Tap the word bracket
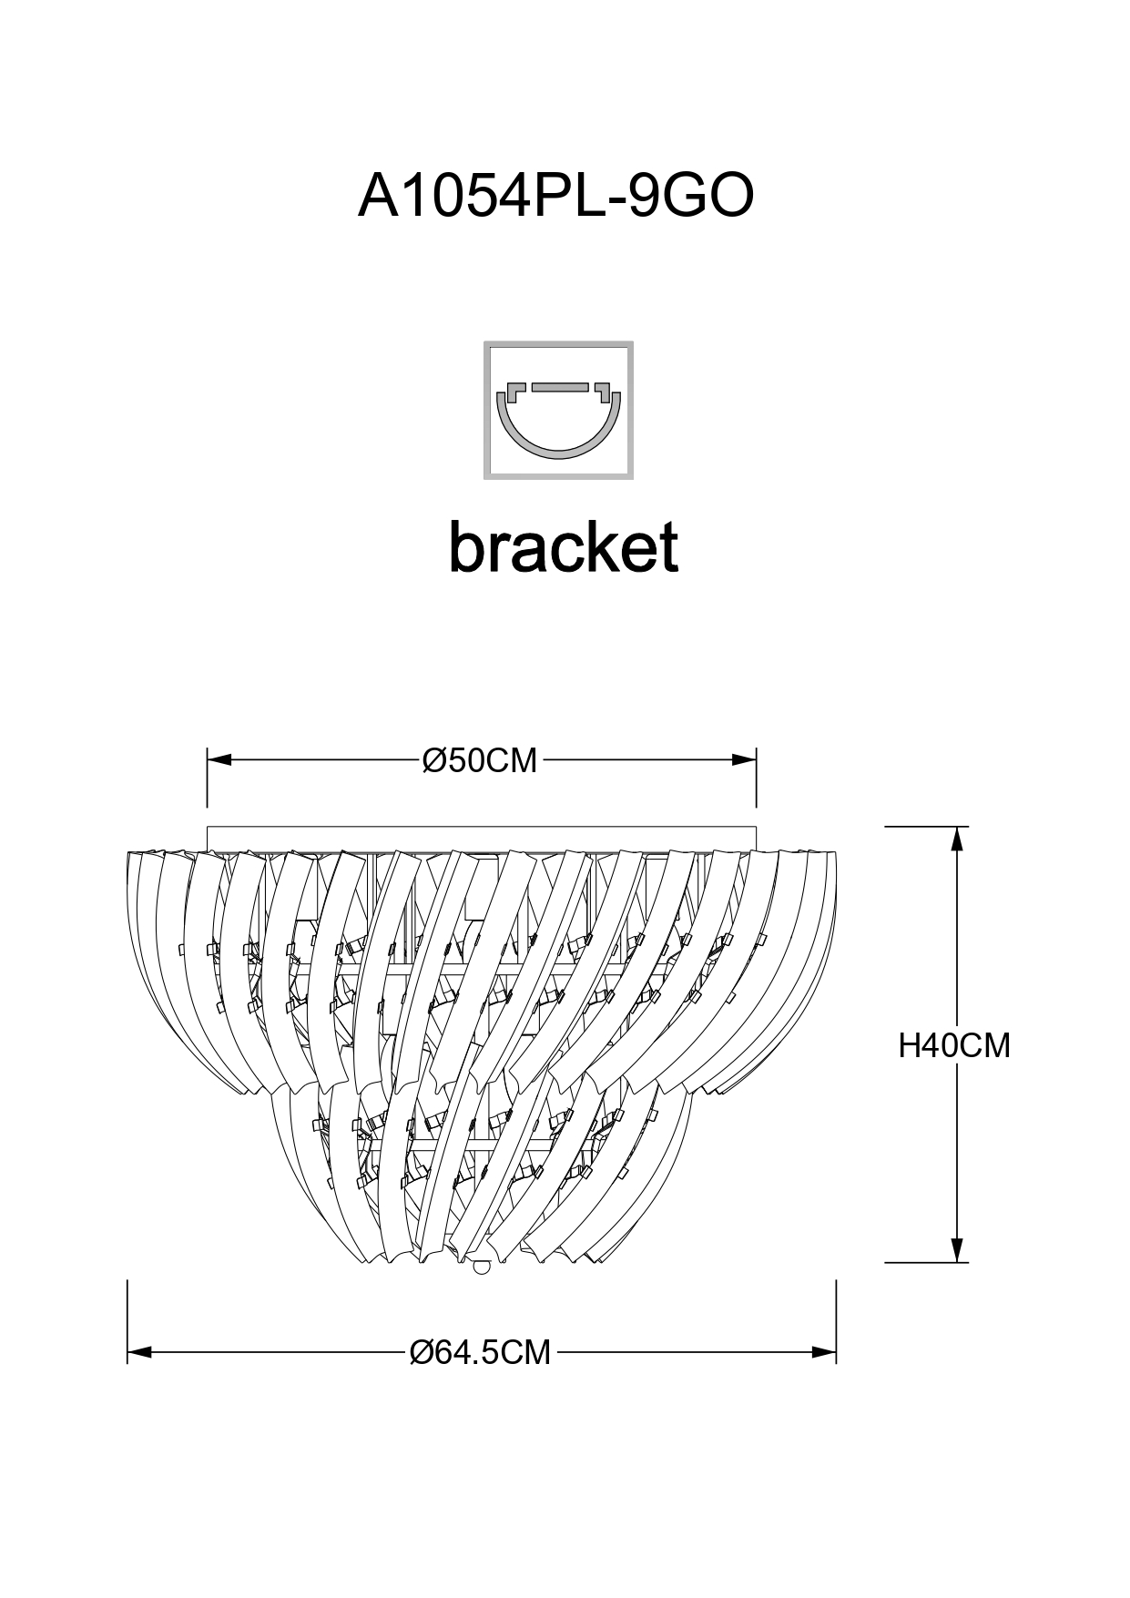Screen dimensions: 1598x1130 click(564, 547)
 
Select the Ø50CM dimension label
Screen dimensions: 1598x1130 click(480, 760)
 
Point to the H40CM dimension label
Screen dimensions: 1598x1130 click(954, 1046)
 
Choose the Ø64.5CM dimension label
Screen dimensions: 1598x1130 click(481, 1353)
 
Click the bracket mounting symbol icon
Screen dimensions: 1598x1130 click(558, 410)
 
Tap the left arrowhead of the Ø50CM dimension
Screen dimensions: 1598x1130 click(219, 758)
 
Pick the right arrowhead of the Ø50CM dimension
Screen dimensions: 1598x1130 click(746, 758)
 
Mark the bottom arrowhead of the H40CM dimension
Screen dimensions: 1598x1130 click(957, 1250)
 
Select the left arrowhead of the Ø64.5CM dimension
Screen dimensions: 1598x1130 click(138, 1353)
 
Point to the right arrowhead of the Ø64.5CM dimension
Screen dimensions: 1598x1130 click(826, 1353)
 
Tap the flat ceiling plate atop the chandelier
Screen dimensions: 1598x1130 click(482, 837)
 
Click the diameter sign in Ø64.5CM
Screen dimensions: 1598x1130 click(422, 1353)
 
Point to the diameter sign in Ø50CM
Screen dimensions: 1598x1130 click(433, 760)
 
